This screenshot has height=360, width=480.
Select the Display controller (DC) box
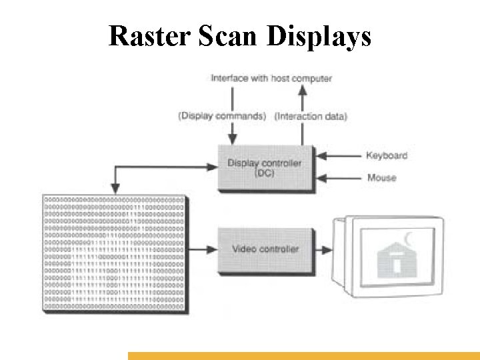tap(265, 167)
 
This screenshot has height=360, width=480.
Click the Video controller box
tap(265, 249)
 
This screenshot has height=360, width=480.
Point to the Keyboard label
tap(386, 156)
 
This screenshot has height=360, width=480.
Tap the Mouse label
tap(381, 177)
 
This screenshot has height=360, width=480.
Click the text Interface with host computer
tap(271, 78)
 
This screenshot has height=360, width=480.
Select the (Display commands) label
tap(222, 116)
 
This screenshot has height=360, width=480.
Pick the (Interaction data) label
tap(311, 116)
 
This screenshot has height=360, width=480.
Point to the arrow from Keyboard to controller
tap(337, 157)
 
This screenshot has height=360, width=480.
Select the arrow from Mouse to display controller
tap(337, 177)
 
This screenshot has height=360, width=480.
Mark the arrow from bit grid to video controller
tap(203, 250)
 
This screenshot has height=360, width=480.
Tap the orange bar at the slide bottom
tap(303, 356)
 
